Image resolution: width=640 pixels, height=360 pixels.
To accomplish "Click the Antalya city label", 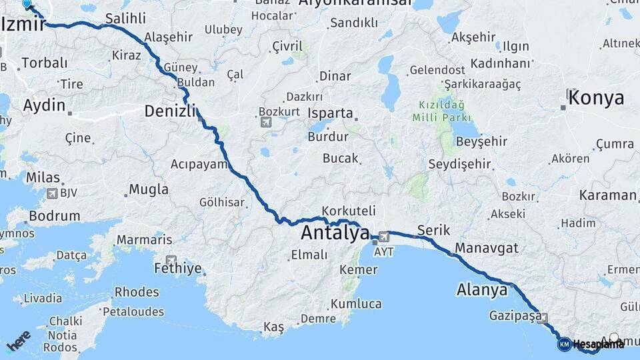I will [x=335, y=233].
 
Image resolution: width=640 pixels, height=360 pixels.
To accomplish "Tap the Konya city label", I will [x=597, y=98].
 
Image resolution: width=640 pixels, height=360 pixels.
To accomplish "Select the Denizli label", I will [x=170, y=111].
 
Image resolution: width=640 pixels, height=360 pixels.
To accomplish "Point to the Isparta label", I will [x=330, y=113].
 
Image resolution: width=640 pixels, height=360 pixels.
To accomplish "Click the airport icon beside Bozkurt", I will [x=266, y=122].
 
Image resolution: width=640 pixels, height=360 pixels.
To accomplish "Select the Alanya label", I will [x=482, y=290].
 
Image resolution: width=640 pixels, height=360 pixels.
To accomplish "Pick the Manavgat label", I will [x=487, y=248].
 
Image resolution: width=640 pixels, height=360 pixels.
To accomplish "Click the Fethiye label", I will [x=177, y=269].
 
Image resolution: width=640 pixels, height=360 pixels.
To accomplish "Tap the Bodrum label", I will [x=55, y=217].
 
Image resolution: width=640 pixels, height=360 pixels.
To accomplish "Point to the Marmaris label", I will [x=144, y=240].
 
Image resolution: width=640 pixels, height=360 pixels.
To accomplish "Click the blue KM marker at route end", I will [x=564, y=344].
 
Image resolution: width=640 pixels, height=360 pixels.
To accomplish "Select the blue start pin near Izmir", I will [x=27, y=5].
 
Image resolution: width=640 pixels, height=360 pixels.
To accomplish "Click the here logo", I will [x=18, y=341].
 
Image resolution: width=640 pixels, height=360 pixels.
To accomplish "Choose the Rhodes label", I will [x=137, y=292].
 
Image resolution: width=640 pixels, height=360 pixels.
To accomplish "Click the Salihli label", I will [x=125, y=19].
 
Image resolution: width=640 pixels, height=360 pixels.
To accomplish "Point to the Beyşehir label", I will [x=482, y=141].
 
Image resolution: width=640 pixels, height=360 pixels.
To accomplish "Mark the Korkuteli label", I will [x=349, y=210].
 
